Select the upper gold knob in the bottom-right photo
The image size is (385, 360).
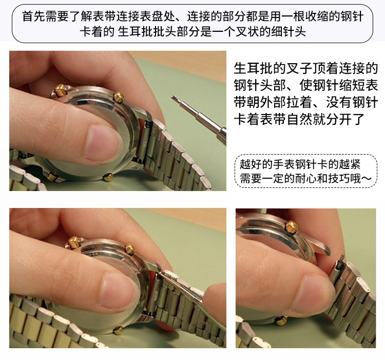pyautogui.click(x=292, y=226)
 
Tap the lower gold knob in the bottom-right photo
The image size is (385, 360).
pyautogui.click(x=281, y=320)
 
